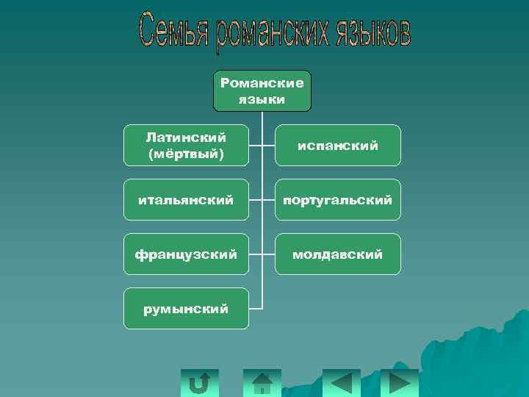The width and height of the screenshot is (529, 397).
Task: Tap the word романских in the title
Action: click(x=276, y=32)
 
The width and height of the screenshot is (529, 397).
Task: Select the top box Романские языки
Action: click(x=262, y=90)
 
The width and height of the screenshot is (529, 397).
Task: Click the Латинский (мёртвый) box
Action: click(x=185, y=145)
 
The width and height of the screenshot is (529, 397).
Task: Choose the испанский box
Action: click(x=338, y=146)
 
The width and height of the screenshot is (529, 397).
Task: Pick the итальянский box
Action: click(x=185, y=199)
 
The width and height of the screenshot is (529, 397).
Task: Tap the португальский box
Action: click(x=338, y=199)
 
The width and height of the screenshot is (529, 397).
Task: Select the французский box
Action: click(x=185, y=254)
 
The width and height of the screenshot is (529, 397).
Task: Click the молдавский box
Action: click(x=338, y=254)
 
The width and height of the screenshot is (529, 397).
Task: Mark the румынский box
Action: click(x=185, y=308)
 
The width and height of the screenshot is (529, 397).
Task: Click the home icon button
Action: click(x=262, y=383)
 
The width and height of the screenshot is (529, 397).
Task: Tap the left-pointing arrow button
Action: click(x=342, y=383)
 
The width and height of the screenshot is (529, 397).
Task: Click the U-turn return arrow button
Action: click(x=199, y=383)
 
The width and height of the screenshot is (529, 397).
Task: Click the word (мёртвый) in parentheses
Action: click(x=186, y=154)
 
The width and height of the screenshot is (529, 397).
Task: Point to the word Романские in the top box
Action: click(x=262, y=83)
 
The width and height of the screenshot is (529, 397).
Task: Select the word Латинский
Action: click(x=186, y=137)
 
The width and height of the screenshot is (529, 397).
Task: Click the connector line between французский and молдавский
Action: click(x=262, y=254)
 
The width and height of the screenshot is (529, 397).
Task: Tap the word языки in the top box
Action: click(x=262, y=99)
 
